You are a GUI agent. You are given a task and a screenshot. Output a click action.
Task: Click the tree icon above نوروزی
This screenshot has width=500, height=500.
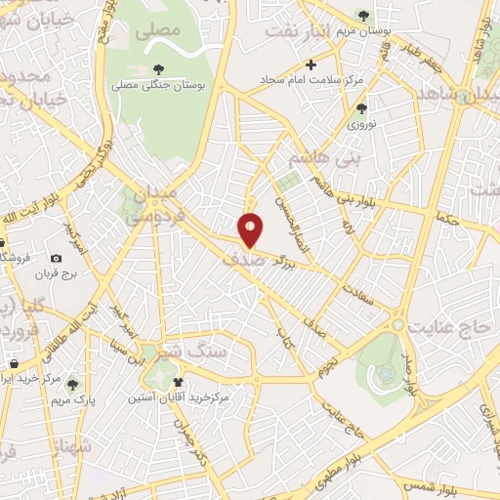[361, 109]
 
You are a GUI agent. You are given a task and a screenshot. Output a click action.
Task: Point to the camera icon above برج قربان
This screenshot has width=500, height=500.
[57, 258]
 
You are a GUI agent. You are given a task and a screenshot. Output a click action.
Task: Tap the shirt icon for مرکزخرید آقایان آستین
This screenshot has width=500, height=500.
[178, 383]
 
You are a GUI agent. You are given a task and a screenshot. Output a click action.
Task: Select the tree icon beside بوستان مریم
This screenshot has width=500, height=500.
[364, 15]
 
